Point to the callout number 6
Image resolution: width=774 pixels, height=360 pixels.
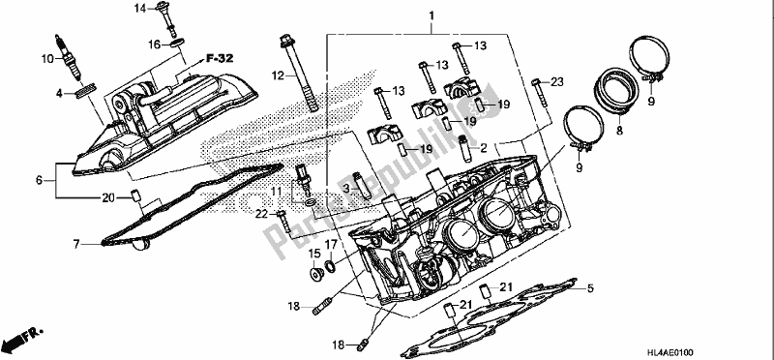click(38, 180)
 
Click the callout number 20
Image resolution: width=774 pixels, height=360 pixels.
click(107, 198)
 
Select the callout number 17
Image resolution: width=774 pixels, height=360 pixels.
click(331, 245)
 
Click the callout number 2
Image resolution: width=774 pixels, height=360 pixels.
click(483, 148)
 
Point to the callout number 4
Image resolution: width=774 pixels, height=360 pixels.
click(59, 93)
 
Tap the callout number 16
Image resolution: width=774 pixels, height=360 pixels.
click(154, 45)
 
